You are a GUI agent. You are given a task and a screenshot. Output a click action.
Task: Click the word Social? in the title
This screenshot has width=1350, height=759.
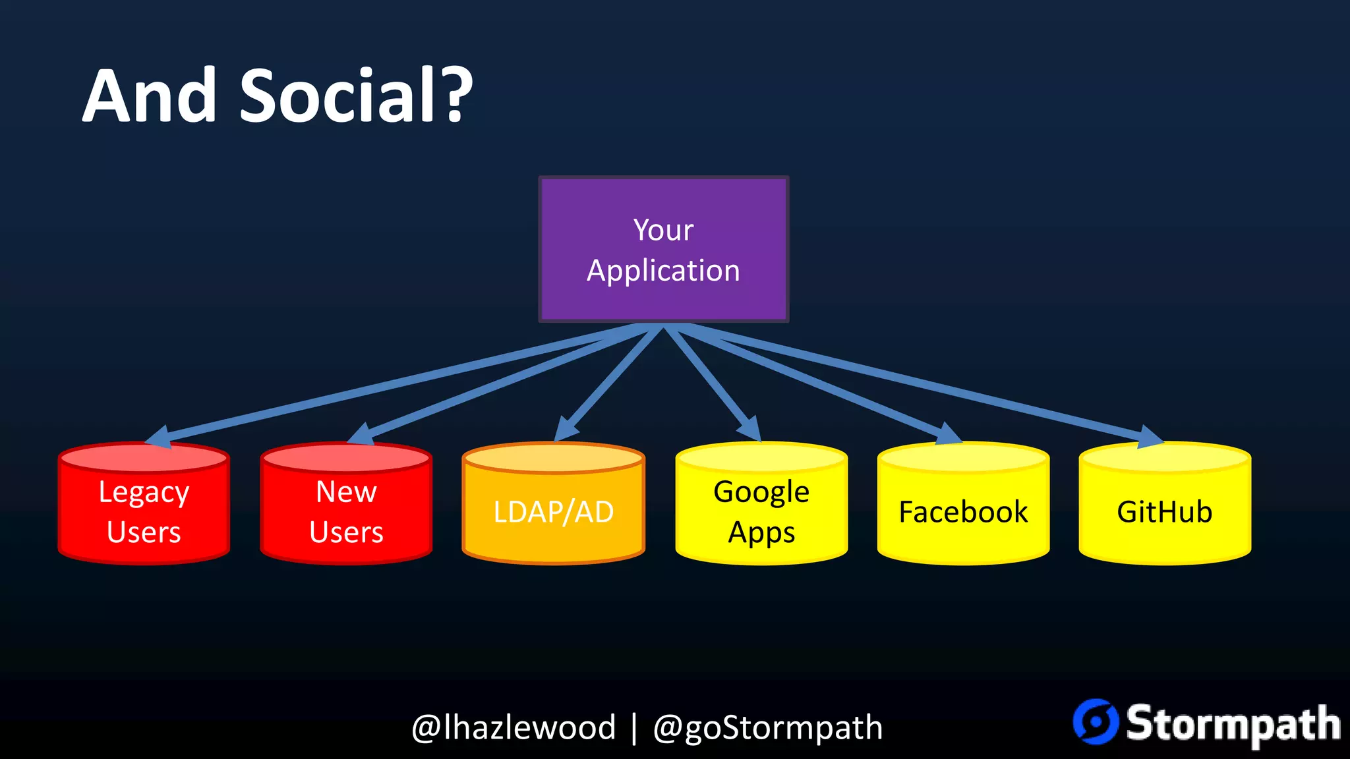coord(356,96)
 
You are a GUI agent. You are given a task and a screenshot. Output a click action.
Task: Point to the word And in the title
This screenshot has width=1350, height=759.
coord(150,96)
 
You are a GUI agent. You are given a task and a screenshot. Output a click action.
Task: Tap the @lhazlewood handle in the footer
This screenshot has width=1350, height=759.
coord(514,727)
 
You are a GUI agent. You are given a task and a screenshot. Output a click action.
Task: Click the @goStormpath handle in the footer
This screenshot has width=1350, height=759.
coord(767,727)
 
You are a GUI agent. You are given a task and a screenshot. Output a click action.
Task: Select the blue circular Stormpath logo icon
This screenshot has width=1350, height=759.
coord(1096,722)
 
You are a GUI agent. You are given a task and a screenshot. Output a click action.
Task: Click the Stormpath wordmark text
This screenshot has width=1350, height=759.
coord(1233,723)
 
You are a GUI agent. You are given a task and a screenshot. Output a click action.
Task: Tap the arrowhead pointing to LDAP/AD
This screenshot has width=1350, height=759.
coord(565,429)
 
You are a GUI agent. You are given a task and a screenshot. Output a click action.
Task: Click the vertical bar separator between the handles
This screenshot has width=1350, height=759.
coord(634,727)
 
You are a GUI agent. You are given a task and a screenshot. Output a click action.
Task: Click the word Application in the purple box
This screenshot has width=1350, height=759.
coord(663,271)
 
